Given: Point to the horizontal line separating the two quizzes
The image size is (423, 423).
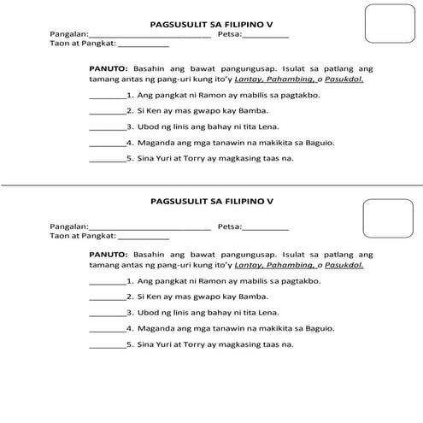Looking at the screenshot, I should pos(211,185).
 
